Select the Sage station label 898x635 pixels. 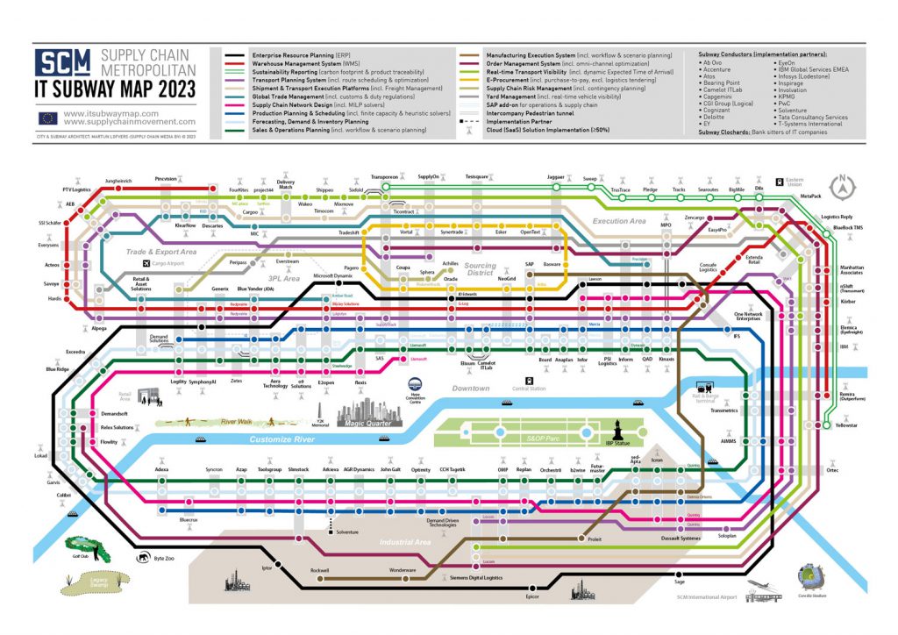coord(679,581)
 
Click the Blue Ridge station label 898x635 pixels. coord(57,369)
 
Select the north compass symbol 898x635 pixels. coord(842,186)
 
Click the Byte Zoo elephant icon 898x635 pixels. coord(141,556)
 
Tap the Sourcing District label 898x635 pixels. coord(480,268)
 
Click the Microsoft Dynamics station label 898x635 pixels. coord(332,276)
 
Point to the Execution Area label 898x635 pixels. coord(619,221)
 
